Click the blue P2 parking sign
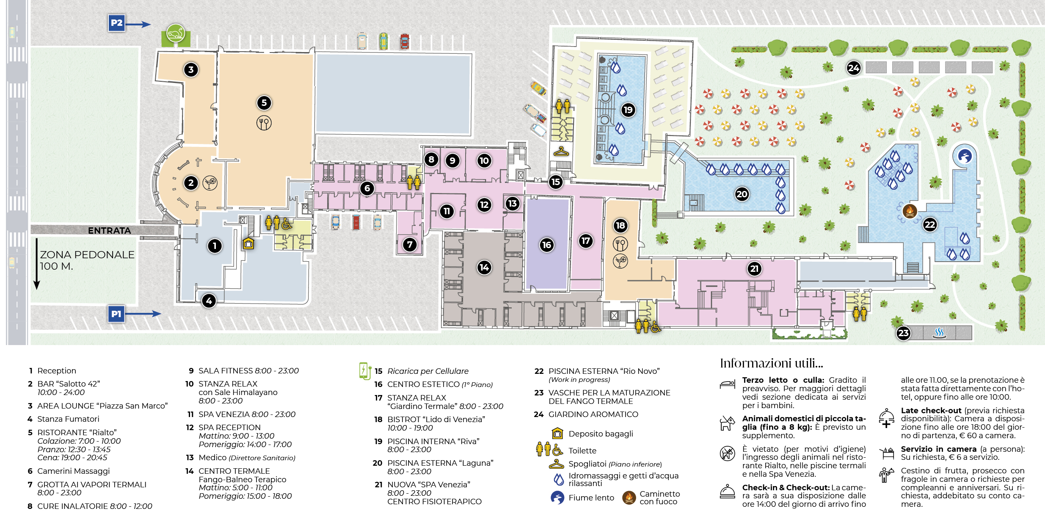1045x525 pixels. point(116,23)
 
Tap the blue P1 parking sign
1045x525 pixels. point(116,314)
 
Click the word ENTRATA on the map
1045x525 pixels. point(110,230)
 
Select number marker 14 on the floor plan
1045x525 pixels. point(484,267)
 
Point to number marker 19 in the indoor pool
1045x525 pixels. point(628,110)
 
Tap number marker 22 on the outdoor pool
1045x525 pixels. point(930,224)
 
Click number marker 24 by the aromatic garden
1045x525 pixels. point(854,68)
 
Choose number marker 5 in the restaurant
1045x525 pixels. point(264,102)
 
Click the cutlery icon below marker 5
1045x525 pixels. point(264,123)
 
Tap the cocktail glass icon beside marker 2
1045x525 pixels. point(210,183)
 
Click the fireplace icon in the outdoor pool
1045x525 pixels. point(910,210)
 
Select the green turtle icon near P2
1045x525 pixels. point(175,33)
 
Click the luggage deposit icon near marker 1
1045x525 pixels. point(248,243)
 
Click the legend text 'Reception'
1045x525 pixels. point(57,370)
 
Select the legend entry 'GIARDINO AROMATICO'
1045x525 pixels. point(593,414)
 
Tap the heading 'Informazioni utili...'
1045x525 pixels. point(772,363)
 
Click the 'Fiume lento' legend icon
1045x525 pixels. point(557,497)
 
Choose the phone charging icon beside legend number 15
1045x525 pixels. point(364,370)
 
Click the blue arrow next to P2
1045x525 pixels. point(138,25)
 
